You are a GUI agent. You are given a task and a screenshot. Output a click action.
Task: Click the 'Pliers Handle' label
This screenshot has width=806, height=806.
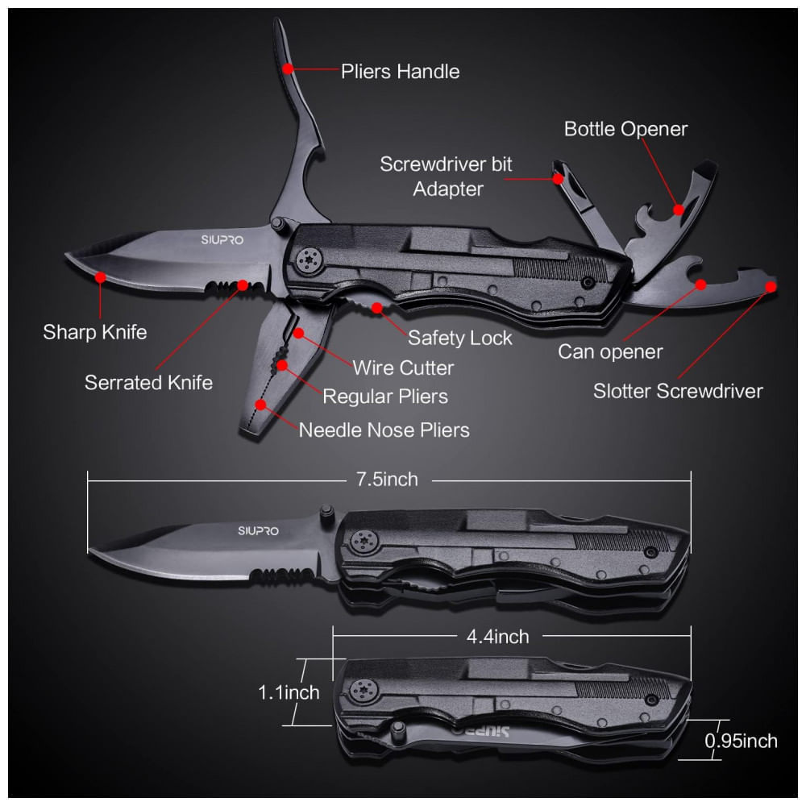point(400,72)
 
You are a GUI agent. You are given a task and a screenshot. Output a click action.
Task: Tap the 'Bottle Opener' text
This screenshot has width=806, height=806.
point(625,129)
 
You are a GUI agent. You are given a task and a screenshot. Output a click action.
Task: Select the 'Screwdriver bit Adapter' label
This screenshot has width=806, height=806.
point(447,177)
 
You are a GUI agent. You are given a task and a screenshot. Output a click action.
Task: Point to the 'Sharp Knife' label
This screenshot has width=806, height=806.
point(95,332)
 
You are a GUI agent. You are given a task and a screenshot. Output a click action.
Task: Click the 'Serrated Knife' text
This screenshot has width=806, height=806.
point(148,382)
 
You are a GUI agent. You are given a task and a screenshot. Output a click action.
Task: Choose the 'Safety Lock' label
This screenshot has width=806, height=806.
point(460,338)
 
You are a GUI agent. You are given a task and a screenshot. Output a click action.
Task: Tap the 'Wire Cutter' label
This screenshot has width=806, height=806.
point(403,368)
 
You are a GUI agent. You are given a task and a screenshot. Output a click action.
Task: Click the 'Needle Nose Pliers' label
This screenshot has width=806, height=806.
point(384,430)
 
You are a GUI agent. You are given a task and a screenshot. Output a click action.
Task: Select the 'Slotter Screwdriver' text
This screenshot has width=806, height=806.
point(678,391)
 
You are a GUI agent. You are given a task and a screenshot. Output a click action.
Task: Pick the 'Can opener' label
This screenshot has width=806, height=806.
point(610,352)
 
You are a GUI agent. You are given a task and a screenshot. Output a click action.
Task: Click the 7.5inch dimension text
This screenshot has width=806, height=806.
point(387,480)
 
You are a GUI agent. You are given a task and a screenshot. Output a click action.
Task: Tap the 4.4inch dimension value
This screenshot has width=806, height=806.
point(497,637)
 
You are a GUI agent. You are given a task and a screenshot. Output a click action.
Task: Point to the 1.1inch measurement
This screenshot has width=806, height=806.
point(289,692)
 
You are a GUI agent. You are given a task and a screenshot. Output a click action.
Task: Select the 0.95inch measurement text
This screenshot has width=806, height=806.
point(741,741)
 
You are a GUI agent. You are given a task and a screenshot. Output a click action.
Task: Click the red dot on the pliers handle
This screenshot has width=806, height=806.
point(288,69)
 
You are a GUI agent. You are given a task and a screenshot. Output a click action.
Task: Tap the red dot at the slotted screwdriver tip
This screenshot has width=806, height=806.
point(771,286)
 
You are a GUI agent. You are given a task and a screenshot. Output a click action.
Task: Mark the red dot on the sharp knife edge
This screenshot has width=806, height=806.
point(100,277)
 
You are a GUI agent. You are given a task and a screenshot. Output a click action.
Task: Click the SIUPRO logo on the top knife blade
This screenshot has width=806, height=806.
point(222,239)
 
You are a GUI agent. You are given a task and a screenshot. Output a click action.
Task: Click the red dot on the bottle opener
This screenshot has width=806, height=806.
point(679,210)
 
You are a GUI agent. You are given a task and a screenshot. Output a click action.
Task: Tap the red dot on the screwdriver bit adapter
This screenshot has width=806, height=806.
point(558,179)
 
